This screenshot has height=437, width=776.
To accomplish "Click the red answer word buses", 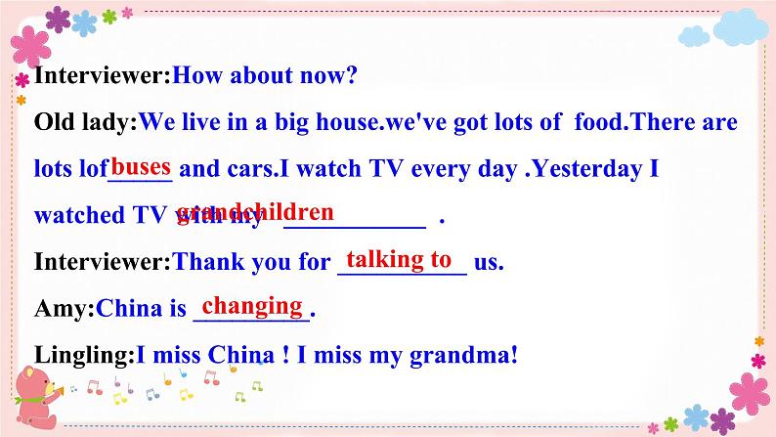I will point(142,166).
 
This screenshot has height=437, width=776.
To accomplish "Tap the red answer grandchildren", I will point(255,212).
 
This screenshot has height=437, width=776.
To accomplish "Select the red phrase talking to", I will point(399,259).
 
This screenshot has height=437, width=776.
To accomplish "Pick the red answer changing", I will point(251,306).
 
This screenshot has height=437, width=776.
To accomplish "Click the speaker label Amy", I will point(61,310).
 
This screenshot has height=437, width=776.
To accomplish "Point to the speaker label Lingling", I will point(80,357).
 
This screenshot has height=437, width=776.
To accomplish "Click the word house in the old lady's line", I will point(350,122).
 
